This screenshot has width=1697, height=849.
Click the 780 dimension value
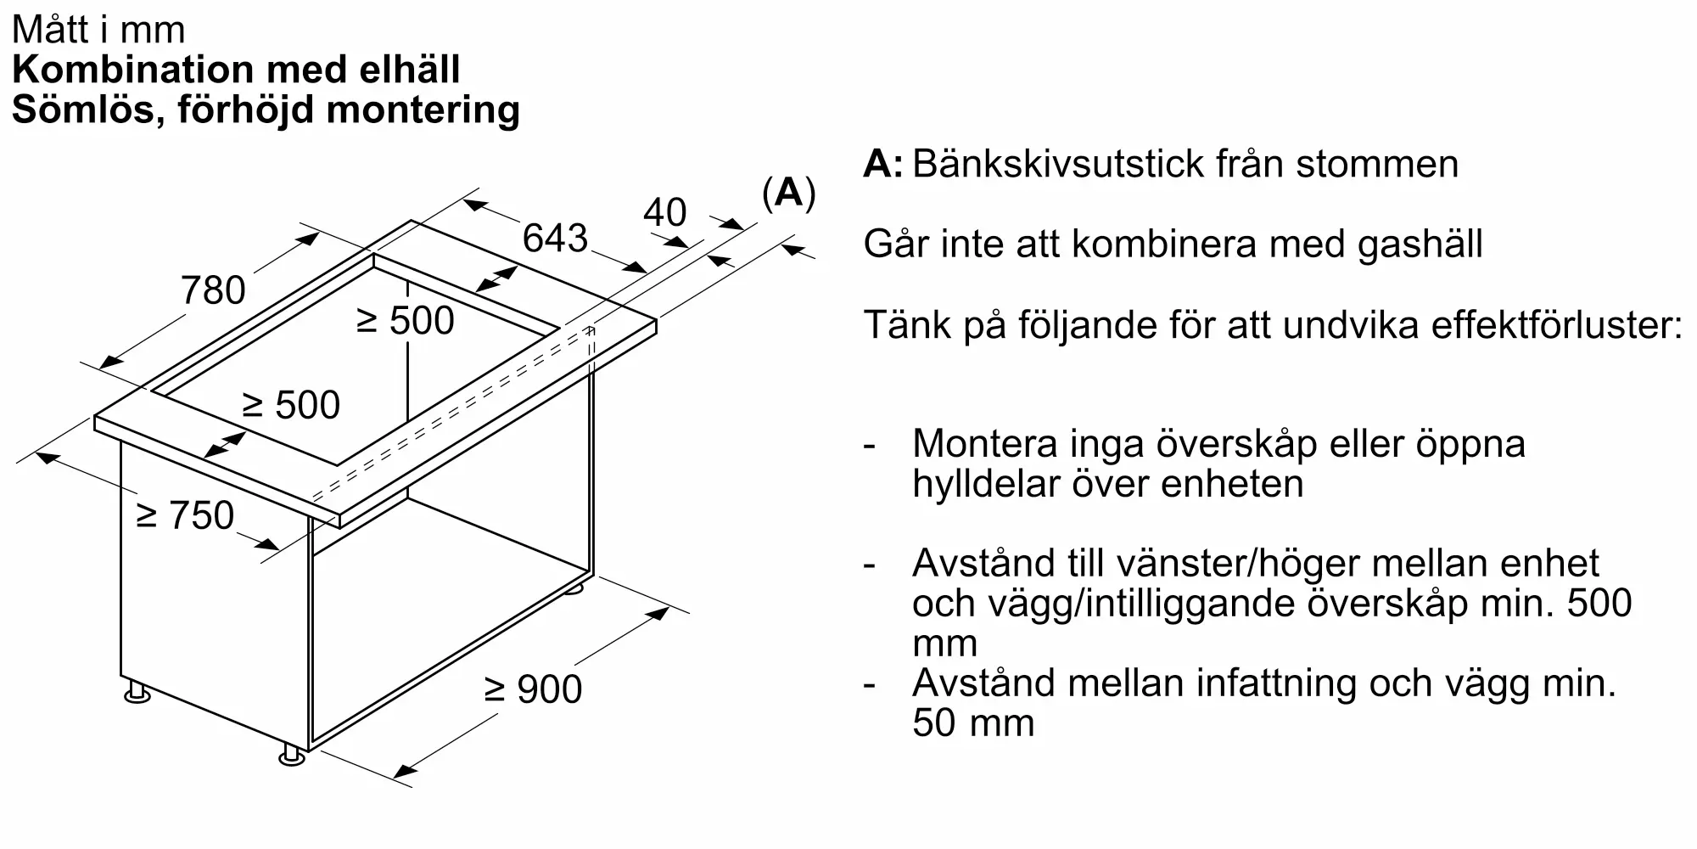213,290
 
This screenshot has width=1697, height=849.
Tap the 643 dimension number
555,238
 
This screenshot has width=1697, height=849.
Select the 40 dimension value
664,212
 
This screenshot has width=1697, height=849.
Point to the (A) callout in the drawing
789,194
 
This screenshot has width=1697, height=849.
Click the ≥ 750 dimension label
185,515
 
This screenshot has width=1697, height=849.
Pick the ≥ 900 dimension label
533,689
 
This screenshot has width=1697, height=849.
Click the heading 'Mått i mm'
98,31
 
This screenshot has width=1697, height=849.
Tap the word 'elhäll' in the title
409,70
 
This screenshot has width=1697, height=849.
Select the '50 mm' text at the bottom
973,723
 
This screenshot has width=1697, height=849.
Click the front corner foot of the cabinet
292,755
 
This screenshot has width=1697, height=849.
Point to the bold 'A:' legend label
883,164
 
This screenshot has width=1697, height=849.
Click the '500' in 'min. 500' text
1599,604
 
